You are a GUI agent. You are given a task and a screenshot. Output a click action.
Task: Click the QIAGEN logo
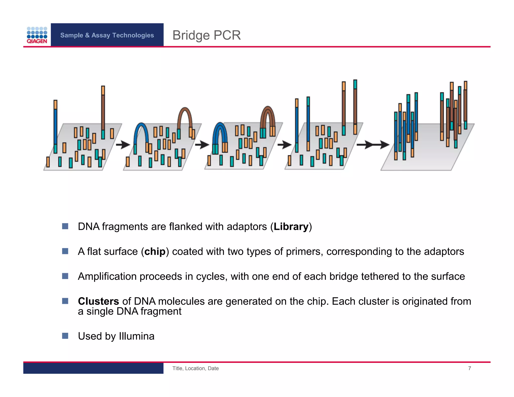[37, 35]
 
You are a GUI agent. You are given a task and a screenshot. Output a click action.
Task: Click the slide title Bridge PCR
[206, 35]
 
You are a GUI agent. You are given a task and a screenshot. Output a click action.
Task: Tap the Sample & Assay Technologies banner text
[107, 35]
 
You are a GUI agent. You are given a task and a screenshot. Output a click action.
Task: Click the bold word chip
[155, 251]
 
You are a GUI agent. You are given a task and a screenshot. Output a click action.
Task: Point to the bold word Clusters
[98, 301]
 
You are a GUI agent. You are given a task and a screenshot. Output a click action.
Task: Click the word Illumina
[137, 336]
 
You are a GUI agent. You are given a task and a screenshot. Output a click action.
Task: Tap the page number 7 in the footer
[469, 368]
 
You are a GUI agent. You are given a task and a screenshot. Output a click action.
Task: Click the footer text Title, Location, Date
[195, 368]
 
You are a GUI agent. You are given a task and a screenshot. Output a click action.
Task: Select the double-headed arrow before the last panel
[373, 145]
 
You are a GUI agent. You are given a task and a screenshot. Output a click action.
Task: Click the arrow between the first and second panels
[123, 145]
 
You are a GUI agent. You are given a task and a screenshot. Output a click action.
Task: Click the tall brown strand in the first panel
[103, 110]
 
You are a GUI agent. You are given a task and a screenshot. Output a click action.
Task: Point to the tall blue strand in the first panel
[55, 125]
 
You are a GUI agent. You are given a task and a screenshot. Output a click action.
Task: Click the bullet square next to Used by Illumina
[65, 336]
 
